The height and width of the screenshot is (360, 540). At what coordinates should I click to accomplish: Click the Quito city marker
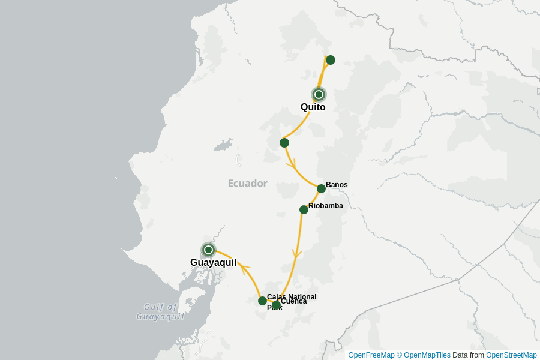coord(319,94)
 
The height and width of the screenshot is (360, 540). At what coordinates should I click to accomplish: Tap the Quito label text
coord(313,107)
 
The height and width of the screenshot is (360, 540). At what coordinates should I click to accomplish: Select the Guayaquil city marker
coord(208,250)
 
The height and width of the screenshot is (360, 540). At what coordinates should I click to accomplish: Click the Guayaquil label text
coord(213,263)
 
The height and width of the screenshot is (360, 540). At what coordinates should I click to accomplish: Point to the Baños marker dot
coord(321,188)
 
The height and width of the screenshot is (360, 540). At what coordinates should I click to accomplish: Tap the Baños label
coord(337,185)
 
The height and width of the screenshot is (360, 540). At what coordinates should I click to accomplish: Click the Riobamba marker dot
coord(304,209)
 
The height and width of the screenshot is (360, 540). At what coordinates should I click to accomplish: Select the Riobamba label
coord(326,206)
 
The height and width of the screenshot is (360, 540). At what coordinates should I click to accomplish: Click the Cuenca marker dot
coord(276,305)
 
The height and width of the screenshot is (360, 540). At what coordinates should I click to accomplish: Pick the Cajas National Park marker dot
coord(262,301)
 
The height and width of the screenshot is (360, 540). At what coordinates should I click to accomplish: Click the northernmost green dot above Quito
coord(330,60)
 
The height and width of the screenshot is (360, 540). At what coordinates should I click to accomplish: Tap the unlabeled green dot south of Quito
coord(284,143)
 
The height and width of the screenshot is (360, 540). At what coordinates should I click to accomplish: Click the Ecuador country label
coord(247,184)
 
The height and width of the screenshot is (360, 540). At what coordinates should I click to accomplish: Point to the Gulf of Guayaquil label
coord(160,312)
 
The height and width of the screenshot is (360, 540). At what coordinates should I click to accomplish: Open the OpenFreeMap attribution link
coord(371,355)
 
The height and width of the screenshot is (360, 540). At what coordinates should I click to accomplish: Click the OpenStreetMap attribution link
coord(511,355)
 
